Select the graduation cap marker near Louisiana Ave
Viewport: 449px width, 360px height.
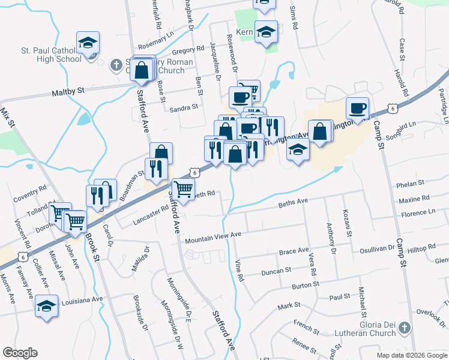[x=47, y=305]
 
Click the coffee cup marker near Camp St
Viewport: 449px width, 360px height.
[x=358, y=109]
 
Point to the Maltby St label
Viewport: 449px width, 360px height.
[x=68, y=89]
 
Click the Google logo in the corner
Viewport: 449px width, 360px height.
[x=20, y=353]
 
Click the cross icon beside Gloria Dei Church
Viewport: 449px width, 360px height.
[x=405, y=328]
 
